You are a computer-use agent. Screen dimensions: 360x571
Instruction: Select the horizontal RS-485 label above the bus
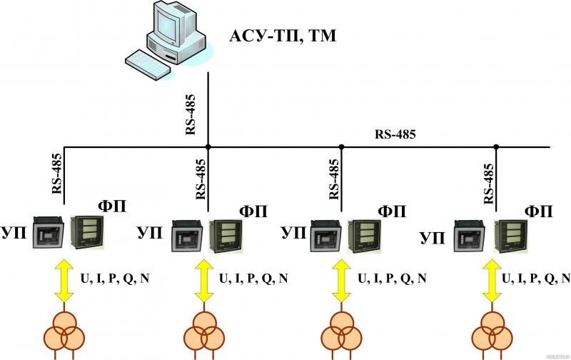pyautogui.click(x=395, y=134)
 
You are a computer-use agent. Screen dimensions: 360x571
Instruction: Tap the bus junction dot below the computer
pyautogui.click(x=208, y=147)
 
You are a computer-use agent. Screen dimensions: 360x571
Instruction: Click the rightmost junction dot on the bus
pyautogui.click(x=497, y=147)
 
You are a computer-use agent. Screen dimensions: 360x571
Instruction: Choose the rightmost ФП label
pyautogui.click(x=539, y=211)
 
